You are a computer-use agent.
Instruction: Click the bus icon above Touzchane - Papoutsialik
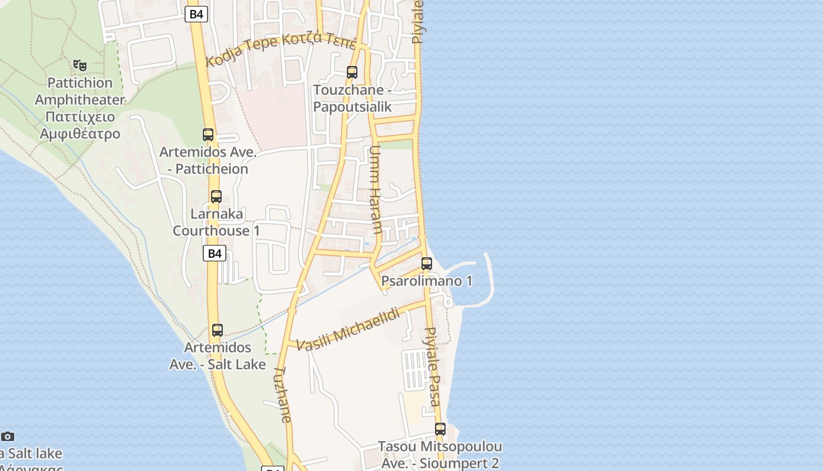(x=352, y=72)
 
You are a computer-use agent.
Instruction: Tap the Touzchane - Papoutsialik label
(x=352, y=98)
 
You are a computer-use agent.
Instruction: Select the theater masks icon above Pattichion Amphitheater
(x=80, y=65)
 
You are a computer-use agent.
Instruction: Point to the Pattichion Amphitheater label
(x=79, y=108)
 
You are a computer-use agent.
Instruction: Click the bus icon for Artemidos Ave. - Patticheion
(x=208, y=134)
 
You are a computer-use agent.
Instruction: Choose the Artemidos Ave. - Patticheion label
(x=208, y=161)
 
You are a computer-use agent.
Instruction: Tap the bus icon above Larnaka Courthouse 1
(x=216, y=197)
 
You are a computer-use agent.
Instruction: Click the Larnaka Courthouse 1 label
(x=216, y=222)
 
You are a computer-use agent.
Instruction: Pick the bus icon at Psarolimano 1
(x=427, y=264)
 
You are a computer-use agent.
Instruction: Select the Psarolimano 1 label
(x=427, y=281)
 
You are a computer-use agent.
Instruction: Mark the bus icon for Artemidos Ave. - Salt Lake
(x=218, y=330)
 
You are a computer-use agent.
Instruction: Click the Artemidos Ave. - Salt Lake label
(x=218, y=356)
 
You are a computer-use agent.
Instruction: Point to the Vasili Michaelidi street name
(x=347, y=330)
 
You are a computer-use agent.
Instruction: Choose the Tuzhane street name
(x=283, y=394)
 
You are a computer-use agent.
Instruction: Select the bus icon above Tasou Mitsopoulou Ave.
(x=440, y=429)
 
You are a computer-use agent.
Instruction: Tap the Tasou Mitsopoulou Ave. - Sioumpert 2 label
(x=440, y=455)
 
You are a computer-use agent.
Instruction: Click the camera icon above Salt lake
(x=7, y=436)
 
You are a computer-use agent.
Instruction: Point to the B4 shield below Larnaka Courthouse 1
(x=215, y=253)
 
